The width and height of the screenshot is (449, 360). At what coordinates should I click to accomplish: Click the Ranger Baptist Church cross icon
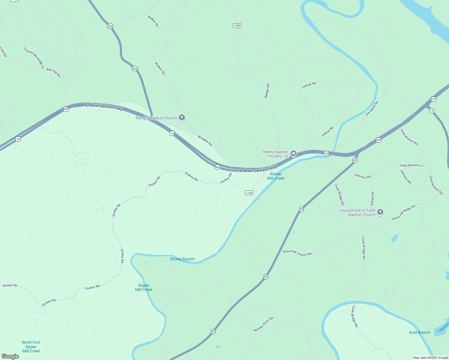tap(182, 117)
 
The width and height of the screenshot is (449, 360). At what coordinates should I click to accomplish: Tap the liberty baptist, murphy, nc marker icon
tap(294, 154)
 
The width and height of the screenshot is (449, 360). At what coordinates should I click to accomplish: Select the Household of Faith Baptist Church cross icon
tap(380, 212)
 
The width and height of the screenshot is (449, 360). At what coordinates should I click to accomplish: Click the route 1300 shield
tap(237, 25)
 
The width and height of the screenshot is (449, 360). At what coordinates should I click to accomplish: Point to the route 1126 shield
tap(249, 193)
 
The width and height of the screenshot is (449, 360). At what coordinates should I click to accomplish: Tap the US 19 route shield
tap(431, 111)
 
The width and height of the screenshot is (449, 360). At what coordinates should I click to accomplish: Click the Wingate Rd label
tap(205, 141)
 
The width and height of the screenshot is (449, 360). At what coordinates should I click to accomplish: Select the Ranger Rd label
tap(267, 91)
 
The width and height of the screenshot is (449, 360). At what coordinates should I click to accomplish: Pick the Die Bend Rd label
tap(372, 109)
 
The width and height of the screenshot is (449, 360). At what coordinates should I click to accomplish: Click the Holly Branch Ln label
tap(411, 165)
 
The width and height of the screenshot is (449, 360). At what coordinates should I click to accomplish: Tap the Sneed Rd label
tap(372, 199)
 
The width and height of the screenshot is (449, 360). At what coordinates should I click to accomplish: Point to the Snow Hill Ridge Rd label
tap(403, 212)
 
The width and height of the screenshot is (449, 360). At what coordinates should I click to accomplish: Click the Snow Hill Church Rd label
tap(297, 253)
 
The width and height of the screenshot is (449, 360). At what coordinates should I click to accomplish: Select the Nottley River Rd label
tap(263, 324)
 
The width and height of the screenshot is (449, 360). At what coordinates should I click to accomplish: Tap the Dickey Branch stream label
tap(182, 259)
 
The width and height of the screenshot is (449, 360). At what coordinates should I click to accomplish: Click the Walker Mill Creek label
tap(276, 176)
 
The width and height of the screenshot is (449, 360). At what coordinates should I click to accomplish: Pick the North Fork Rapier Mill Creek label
tap(31, 346)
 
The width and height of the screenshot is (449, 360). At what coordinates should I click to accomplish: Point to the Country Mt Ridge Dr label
tap(34, 58)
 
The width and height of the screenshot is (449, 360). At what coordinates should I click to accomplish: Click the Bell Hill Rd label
tap(53, 72)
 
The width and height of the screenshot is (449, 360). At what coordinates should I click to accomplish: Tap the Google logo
tap(10, 356)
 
